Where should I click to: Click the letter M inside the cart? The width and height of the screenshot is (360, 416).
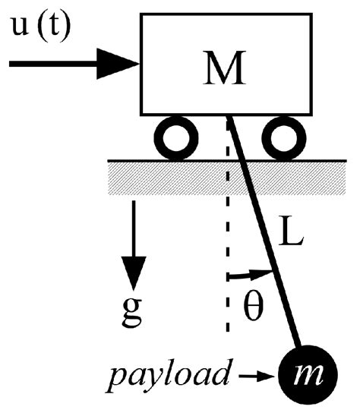pos(226,69)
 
